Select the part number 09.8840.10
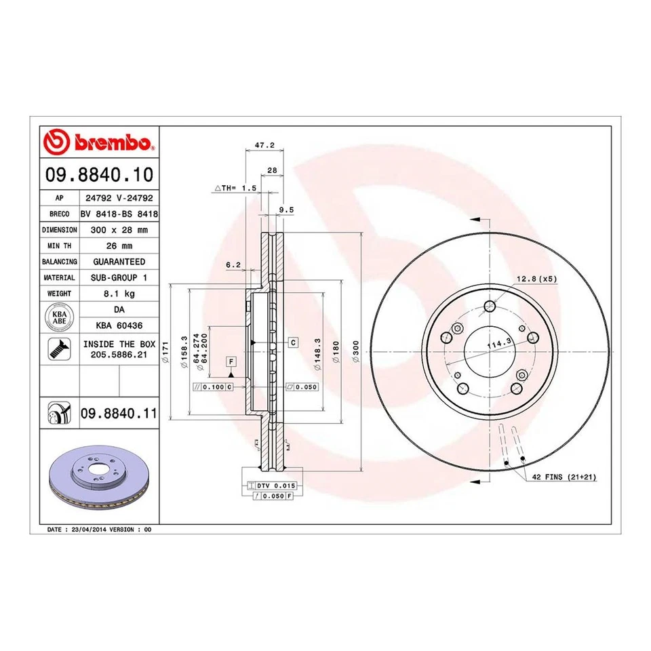click(x=99, y=174)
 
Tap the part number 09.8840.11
click(x=119, y=412)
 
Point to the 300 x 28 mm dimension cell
click(x=119, y=230)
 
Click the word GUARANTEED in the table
click(x=119, y=262)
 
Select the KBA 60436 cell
click(x=119, y=325)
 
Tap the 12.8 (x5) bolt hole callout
click(x=536, y=279)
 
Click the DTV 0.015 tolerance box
click(x=271, y=486)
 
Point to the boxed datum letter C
click(x=293, y=342)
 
